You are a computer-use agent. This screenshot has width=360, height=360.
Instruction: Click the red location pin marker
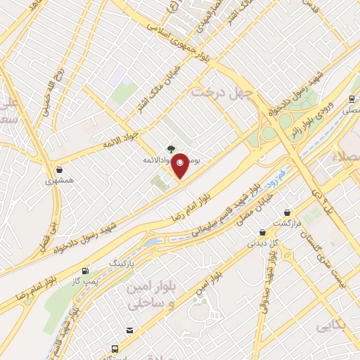pyautogui.click(x=181, y=165)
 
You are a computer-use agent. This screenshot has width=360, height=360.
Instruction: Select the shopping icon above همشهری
pyautogui.click(x=60, y=169)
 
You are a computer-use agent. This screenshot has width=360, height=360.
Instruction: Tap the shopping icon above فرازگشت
pyautogui.click(x=287, y=212)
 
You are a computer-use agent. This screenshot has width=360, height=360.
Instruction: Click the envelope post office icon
pyautogui.click(x=129, y=330)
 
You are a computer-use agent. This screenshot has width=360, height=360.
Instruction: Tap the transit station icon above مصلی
pyautogui.click(x=352, y=99)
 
